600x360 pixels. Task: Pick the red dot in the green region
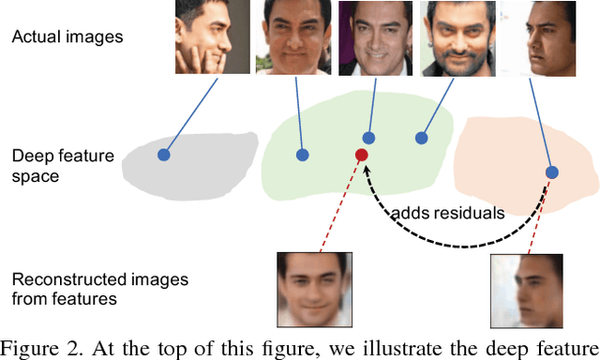pyautogui.click(x=361, y=154)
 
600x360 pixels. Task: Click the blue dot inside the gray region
pyautogui.click(x=163, y=154)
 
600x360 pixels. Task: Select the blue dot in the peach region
pyautogui.click(x=552, y=172)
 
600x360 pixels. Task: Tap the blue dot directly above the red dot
pyautogui.click(x=369, y=138)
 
